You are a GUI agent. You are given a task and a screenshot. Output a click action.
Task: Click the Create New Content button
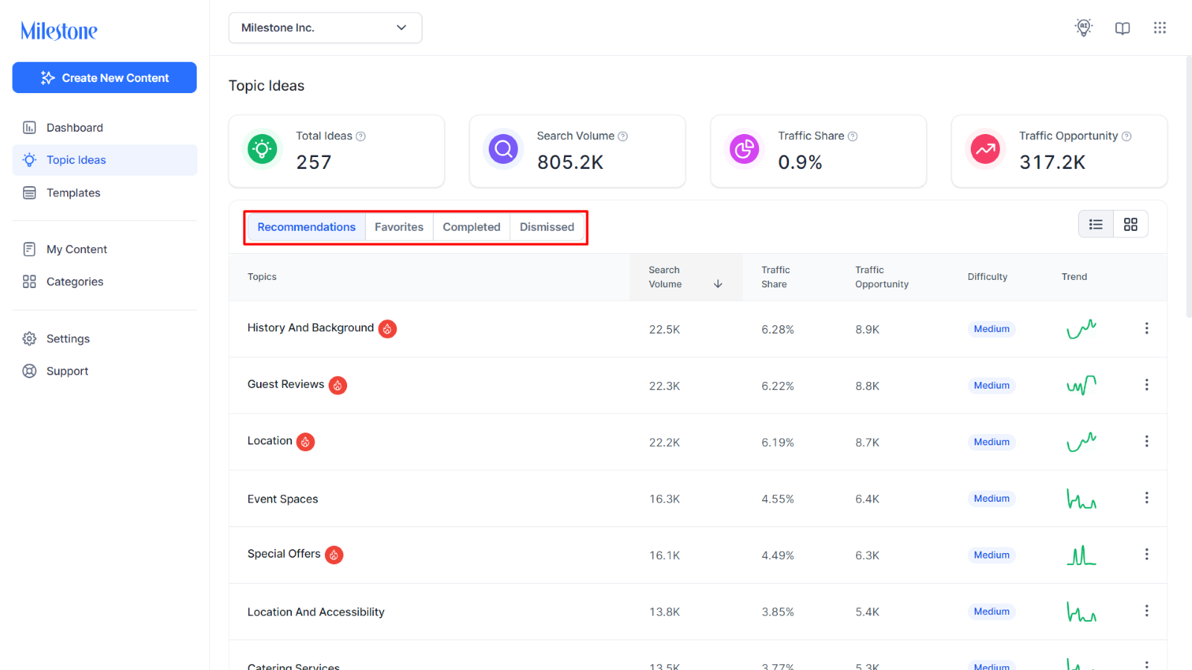(x=104, y=77)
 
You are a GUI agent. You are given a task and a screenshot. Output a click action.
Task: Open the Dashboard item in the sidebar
(x=74, y=127)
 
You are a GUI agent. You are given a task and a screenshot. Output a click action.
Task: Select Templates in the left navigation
(x=73, y=193)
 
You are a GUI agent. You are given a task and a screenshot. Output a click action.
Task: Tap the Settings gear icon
(x=29, y=339)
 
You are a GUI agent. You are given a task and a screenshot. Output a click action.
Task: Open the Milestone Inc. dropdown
(x=325, y=28)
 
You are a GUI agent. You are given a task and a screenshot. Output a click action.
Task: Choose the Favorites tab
(x=399, y=227)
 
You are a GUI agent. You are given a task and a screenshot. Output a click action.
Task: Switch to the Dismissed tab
(x=547, y=227)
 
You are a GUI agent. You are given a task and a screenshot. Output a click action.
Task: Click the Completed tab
(x=472, y=227)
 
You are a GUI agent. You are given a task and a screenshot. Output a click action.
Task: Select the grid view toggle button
(x=1131, y=224)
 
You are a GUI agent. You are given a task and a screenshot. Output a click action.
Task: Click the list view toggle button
(x=1096, y=224)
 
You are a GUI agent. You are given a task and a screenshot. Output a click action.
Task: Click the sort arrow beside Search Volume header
(x=718, y=284)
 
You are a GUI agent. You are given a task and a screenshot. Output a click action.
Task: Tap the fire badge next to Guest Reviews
(x=338, y=385)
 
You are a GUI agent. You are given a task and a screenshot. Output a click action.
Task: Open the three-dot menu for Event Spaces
(x=1147, y=498)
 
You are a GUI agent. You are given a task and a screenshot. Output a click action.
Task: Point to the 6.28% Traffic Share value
(x=778, y=330)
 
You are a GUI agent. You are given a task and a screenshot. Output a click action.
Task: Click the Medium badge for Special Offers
(x=992, y=555)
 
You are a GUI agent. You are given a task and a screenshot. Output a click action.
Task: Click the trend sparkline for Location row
(x=1081, y=442)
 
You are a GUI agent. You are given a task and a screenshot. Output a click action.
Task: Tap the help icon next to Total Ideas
(x=361, y=137)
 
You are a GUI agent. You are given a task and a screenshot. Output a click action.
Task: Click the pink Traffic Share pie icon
(x=744, y=149)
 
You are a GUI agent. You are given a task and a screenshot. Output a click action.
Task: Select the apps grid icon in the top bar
(x=1160, y=28)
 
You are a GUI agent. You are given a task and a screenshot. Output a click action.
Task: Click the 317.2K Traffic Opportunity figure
(x=1052, y=162)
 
